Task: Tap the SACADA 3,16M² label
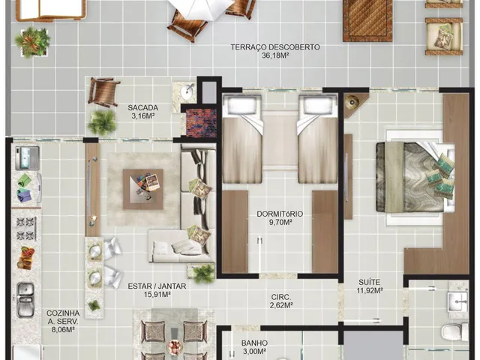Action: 143,112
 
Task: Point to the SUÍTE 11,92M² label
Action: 370,286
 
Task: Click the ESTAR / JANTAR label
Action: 157,286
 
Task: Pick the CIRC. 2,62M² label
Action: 281,301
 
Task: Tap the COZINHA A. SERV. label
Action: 63,317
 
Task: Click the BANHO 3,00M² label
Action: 254,346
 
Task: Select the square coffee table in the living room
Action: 143,189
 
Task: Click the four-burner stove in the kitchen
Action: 26,228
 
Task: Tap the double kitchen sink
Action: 25,300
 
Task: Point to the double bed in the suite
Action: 415,178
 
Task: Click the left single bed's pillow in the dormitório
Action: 242,104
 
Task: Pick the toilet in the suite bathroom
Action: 454,331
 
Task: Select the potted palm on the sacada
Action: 102,122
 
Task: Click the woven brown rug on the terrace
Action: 367,20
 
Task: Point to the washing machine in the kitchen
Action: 28,158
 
